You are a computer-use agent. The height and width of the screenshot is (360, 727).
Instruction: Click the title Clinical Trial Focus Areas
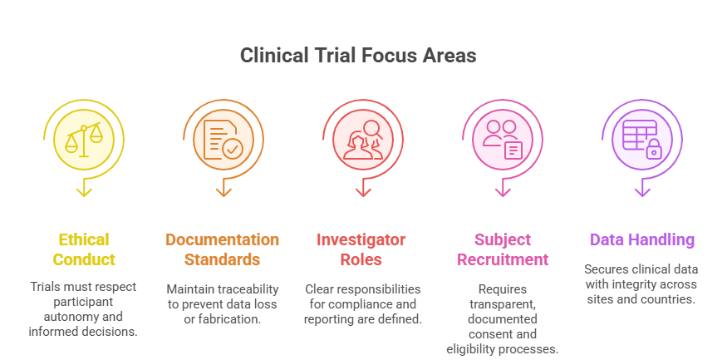pos(358,56)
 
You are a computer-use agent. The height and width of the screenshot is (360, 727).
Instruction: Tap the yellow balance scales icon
pos(83,136)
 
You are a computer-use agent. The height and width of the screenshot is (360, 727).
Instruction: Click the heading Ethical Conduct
pos(83,249)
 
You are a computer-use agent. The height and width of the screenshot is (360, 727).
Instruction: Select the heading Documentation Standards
pos(222,249)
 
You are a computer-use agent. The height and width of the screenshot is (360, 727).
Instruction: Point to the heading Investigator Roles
pos(361,249)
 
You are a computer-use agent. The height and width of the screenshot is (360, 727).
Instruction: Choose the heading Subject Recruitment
pos(500,249)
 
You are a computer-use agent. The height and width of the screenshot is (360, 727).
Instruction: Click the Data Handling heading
pos(641,239)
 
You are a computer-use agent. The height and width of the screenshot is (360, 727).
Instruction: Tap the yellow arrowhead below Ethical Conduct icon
pos(83,191)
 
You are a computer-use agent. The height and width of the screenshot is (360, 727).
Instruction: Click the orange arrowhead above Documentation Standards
pos(223,191)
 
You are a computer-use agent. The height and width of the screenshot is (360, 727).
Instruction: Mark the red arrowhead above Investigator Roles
pos(362,191)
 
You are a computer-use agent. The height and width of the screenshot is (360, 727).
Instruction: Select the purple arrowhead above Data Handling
pos(641,191)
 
